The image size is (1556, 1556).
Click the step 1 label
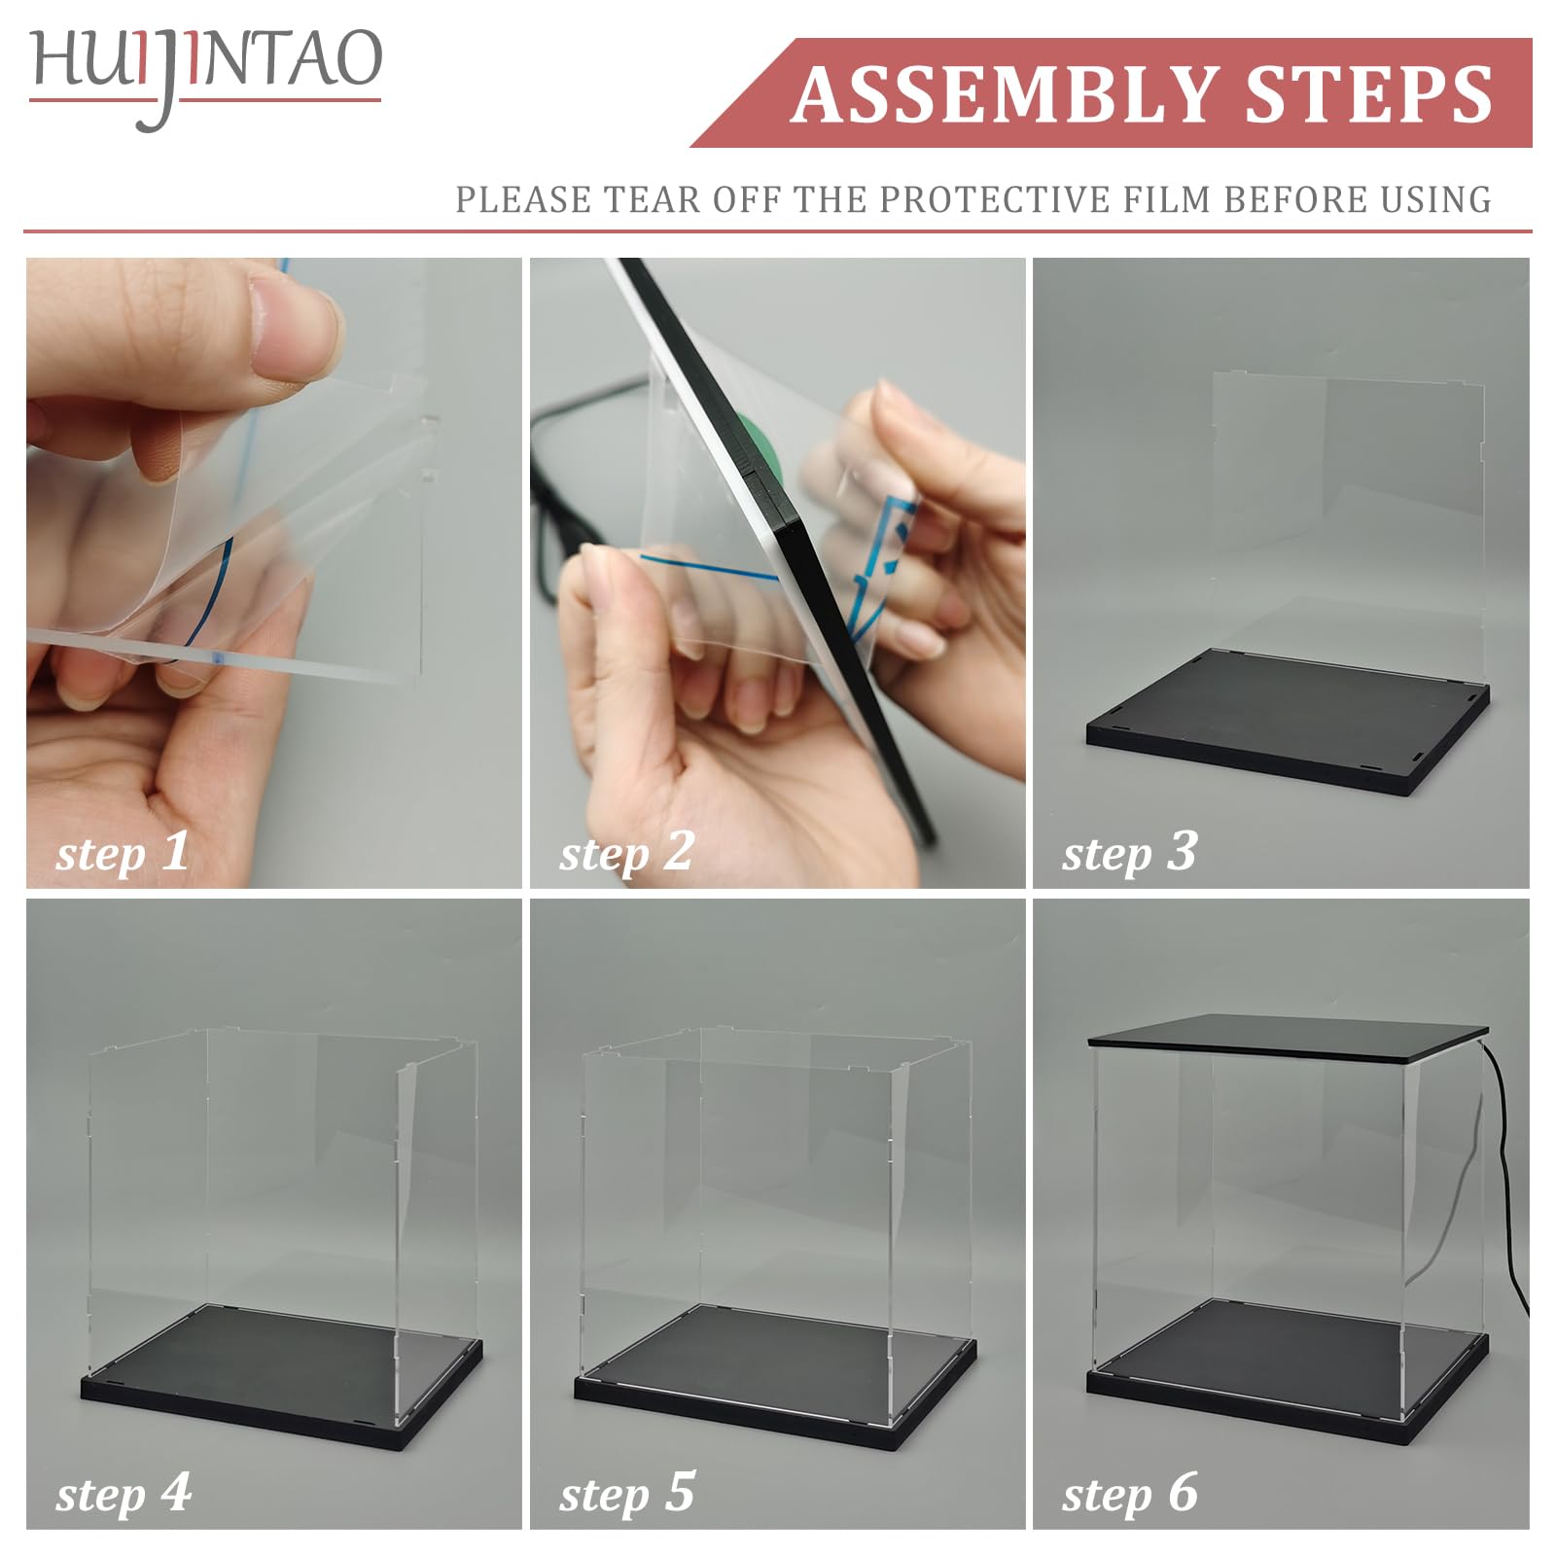(x=123, y=852)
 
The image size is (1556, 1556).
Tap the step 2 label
(x=626, y=852)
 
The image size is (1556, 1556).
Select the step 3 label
(x=1129, y=852)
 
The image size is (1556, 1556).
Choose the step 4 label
(x=124, y=1493)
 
